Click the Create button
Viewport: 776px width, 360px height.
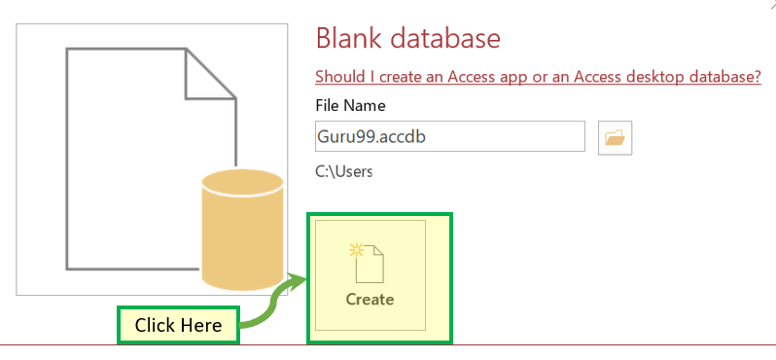coord(370,275)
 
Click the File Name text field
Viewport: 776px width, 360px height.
coord(450,136)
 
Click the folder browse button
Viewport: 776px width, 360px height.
coord(615,137)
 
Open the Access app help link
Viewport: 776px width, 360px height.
coord(538,77)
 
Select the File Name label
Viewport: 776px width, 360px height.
coord(350,105)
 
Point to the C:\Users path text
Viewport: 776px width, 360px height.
coord(343,171)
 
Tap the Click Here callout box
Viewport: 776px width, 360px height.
coord(178,325)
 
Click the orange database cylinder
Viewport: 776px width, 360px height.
coord(242,230)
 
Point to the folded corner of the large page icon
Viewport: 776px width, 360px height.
coord(211,74)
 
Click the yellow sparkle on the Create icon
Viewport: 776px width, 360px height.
coord(356,250)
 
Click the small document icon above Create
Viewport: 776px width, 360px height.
coord(367,263)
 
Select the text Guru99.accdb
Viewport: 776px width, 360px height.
coord(371,136)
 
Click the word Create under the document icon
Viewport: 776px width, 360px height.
coord(370,300)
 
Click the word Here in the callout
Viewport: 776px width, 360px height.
coord(201,325)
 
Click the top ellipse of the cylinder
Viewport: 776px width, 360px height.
coord(242,183)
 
